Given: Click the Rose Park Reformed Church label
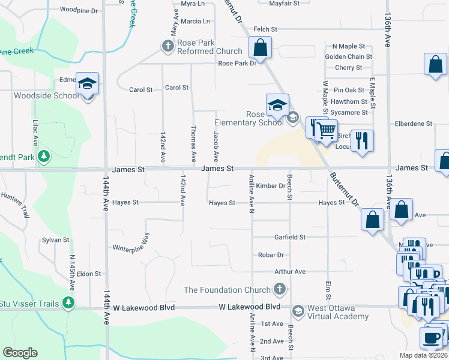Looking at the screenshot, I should click(209, 47).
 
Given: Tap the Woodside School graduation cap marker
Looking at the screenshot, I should click(87, 84).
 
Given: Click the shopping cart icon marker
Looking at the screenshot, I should click(326, 130).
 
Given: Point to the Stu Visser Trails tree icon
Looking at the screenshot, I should click(70, 302).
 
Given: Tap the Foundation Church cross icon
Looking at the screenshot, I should click(279, 290).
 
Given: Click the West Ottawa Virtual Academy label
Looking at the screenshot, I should click(338, 313).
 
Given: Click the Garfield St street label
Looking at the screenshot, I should click(290, 237).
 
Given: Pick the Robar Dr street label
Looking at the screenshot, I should click(271, 254).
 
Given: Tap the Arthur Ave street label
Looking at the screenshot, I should click(290, 271).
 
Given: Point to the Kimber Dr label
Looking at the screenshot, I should click(270, 186).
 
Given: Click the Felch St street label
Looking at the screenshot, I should click(265, 29).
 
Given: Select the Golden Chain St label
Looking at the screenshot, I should click(348, 57).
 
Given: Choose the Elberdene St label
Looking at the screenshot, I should click(413, 124).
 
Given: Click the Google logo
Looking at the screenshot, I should click(20, 353).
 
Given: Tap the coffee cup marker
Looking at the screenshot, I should click(430, 338).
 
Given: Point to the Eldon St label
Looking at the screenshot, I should click(88, 274).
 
